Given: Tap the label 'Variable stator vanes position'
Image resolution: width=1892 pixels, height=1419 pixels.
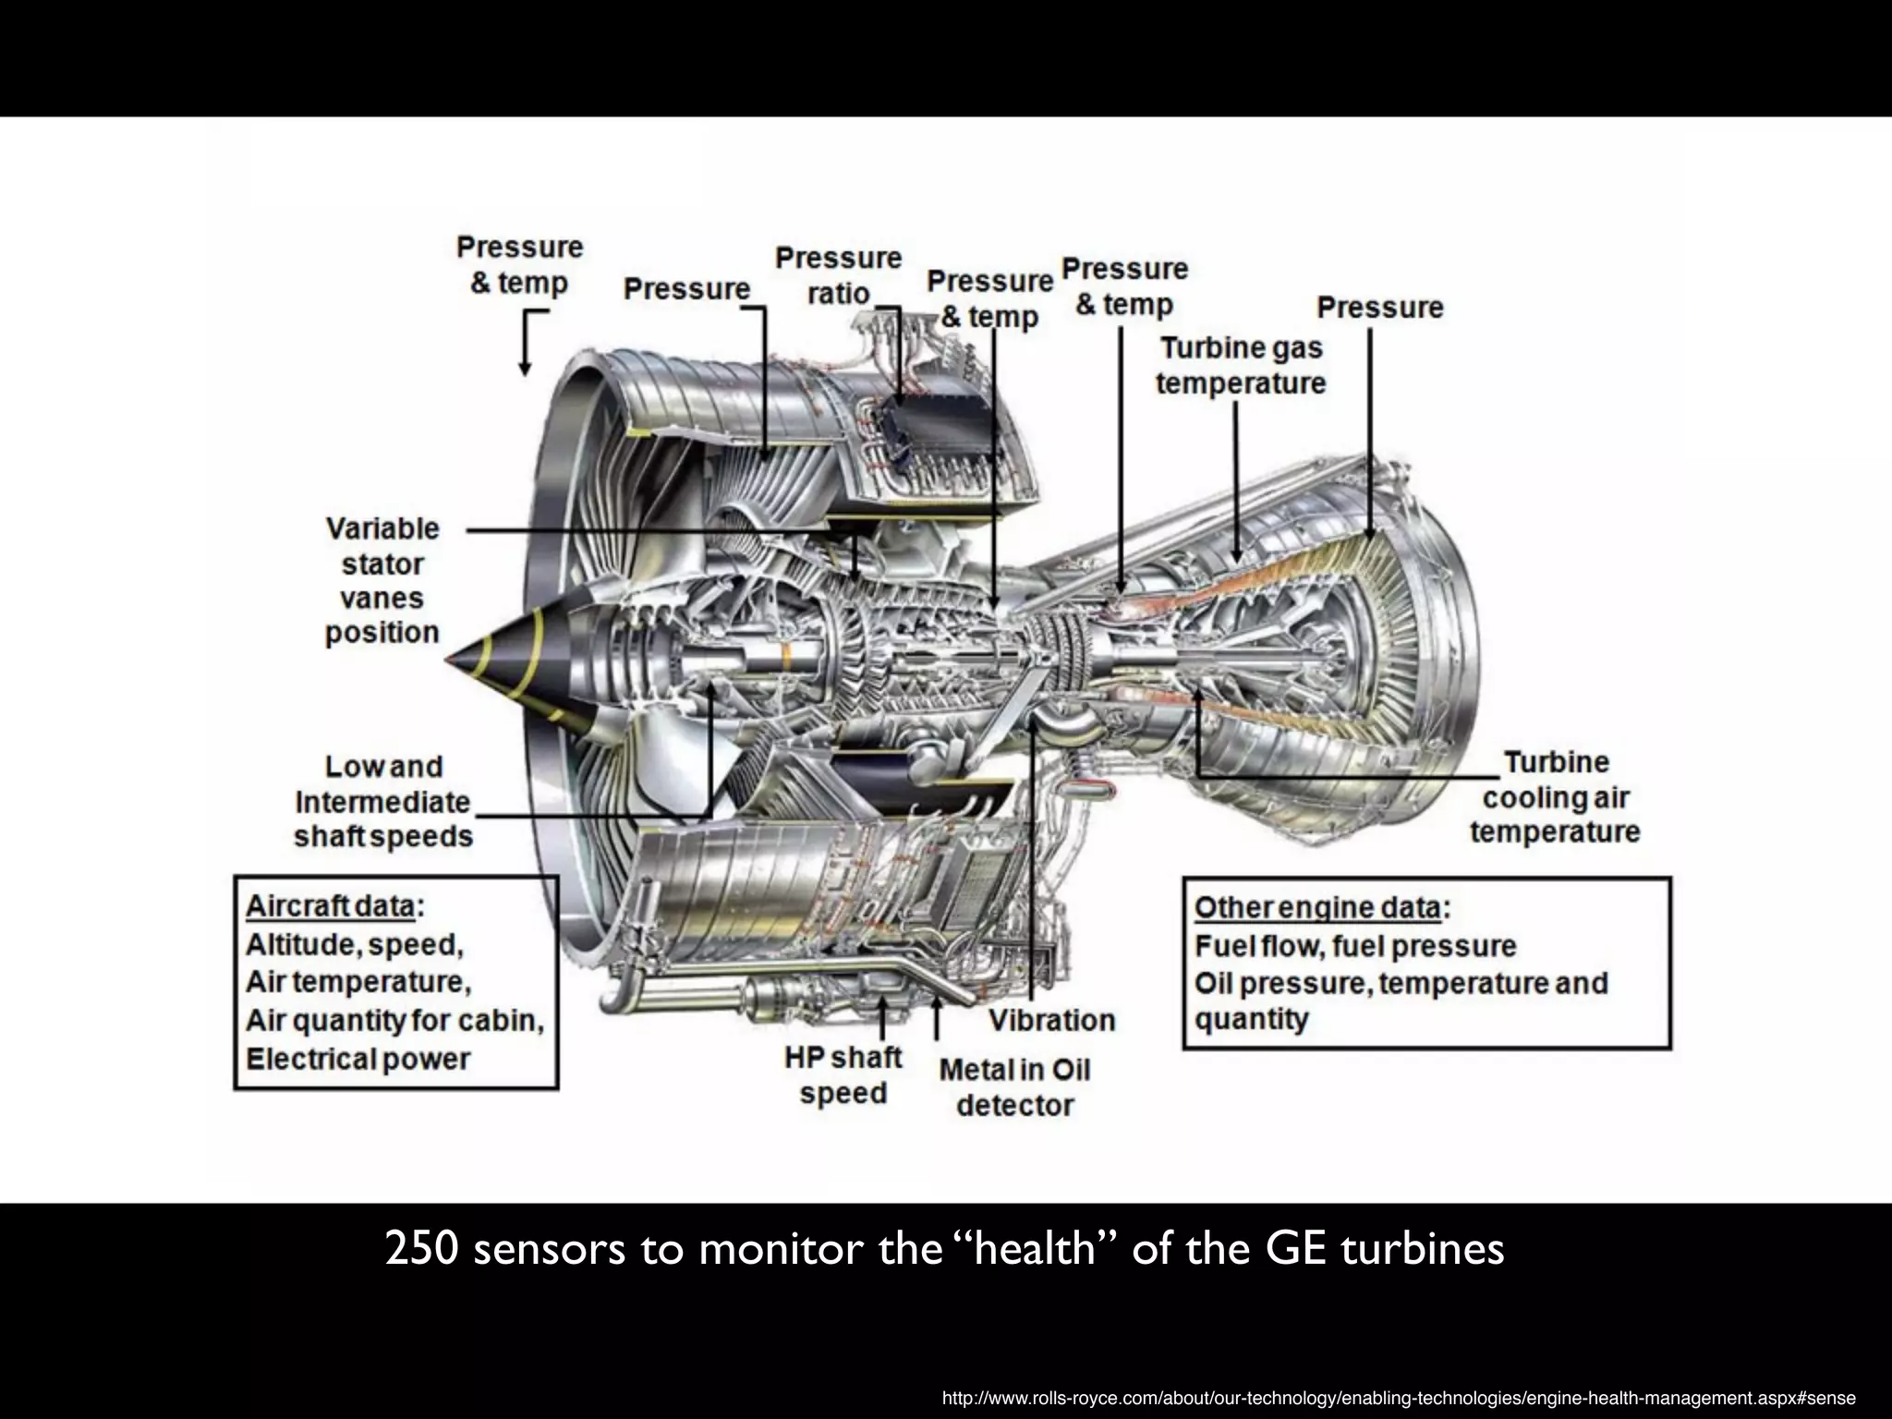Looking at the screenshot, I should click(382, 580).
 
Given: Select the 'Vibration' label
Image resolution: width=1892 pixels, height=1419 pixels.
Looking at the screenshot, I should click(1052, 1020).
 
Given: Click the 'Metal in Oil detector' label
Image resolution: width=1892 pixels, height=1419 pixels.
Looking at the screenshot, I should click(1015, 1087).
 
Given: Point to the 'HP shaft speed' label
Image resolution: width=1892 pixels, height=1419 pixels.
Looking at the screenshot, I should click(843, 1074).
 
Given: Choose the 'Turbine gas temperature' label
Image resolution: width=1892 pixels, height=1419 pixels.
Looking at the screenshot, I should click(1241, 365).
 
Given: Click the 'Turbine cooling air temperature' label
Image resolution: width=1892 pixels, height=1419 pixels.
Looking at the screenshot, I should click(1555, 796).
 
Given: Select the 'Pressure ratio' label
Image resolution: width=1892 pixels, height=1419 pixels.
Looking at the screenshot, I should click(838, 275).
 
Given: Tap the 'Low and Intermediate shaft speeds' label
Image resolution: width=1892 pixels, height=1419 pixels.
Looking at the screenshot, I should click(383, 801).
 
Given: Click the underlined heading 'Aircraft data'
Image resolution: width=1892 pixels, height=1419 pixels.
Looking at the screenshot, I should click(330, 906).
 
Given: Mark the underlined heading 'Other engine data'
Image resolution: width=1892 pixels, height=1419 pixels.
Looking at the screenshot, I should click(1317, 907).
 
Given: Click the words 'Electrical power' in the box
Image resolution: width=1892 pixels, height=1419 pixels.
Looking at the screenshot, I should click(358, 1059).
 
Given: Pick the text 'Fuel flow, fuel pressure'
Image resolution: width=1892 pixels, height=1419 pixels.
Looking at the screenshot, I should click(1355, 946).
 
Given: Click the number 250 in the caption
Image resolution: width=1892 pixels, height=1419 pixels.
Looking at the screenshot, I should click(421, 1249).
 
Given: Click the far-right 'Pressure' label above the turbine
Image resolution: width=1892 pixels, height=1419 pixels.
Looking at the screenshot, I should click(1379, 308).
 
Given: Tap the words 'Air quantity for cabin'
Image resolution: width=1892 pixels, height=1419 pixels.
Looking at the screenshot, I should click(394, 1020).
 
